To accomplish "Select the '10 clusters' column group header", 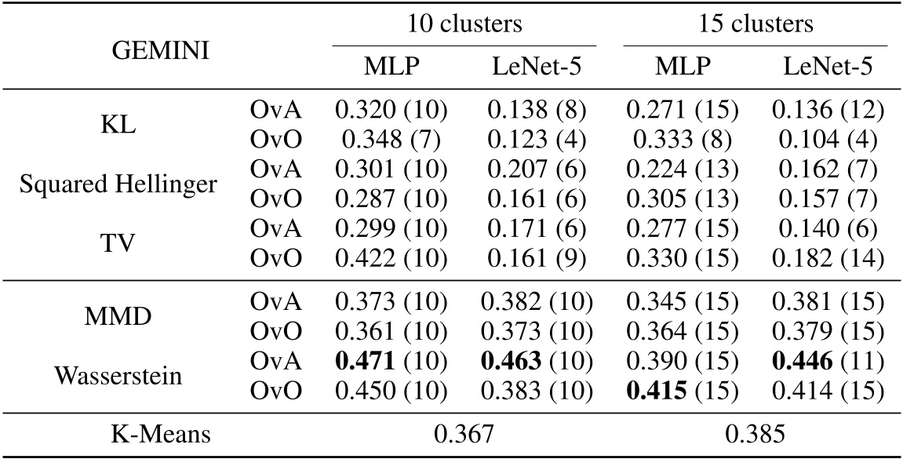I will [464, 24].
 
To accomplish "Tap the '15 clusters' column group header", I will [756, 24].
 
